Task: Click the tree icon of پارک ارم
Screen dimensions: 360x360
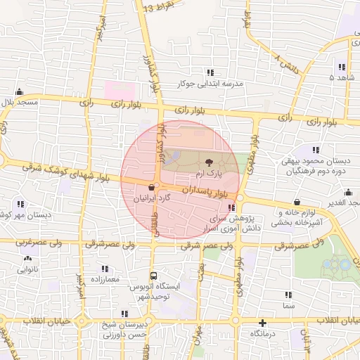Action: click(x=208, y=162)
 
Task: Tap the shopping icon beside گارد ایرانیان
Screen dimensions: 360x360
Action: click(x=152, y=187)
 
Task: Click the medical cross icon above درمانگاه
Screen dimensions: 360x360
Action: click(x=262, y=324)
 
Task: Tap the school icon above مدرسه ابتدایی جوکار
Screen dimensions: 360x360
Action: click(x=210, y=72)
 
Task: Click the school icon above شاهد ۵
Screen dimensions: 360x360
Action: click(x=342, y=67)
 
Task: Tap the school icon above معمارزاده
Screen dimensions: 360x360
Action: click(x=105, y=269)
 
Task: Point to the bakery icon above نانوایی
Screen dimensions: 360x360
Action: click(x=28, y=259)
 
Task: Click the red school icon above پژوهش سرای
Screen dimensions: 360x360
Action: click(x=232, y=207)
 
